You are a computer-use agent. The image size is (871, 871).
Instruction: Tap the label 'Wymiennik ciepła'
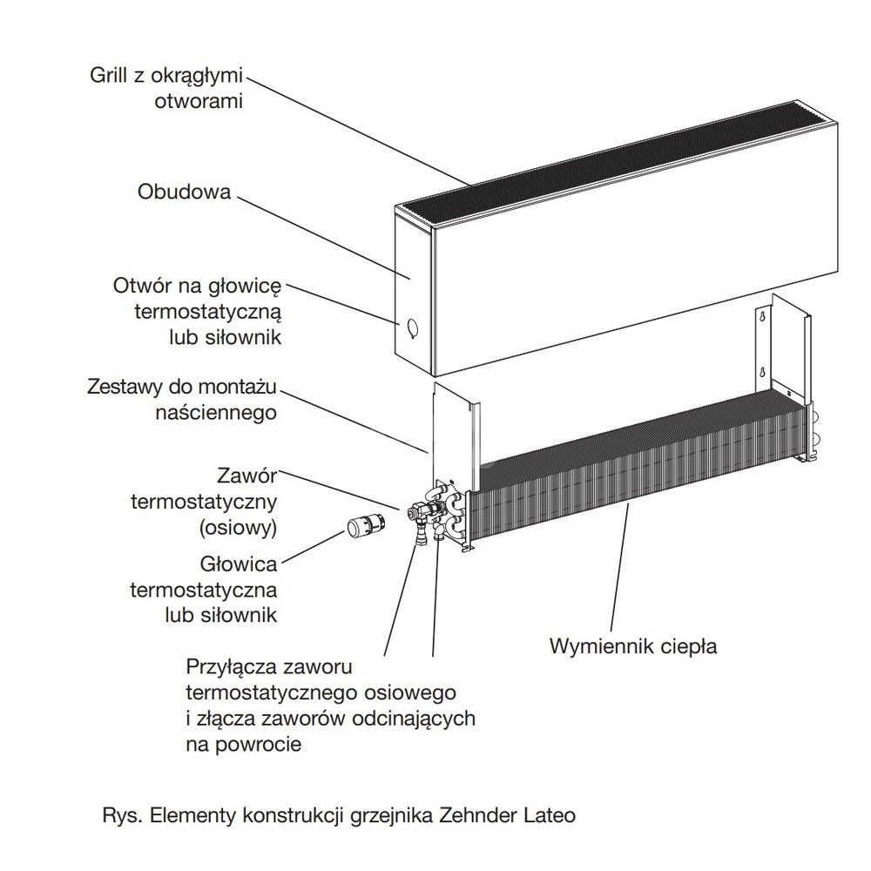[632, 647]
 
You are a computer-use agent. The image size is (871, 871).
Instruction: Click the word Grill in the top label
[109, 74]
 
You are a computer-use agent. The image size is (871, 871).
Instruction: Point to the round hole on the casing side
[410, 328]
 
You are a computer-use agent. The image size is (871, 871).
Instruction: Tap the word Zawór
[250, 476]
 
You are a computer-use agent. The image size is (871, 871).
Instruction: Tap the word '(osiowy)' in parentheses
[237, 527]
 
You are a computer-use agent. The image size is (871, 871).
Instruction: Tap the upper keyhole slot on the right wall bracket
[763, 319]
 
